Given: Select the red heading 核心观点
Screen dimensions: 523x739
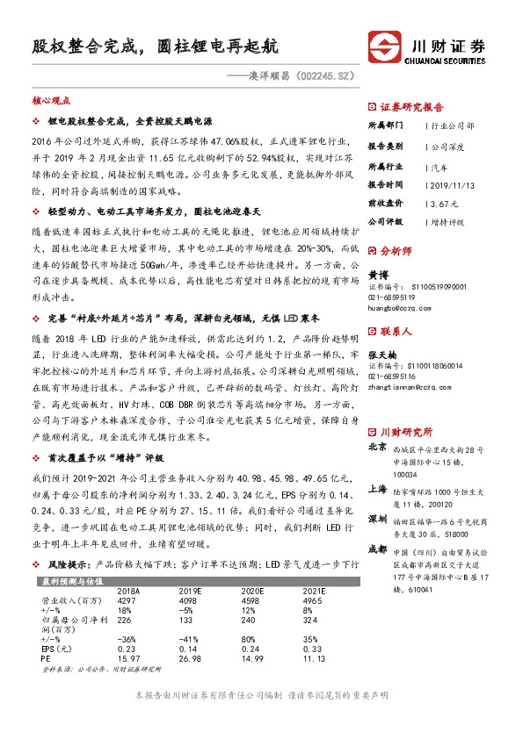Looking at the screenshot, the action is tap(51, 102).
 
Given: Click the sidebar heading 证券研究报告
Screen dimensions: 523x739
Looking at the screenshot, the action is tap(411, 106).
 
